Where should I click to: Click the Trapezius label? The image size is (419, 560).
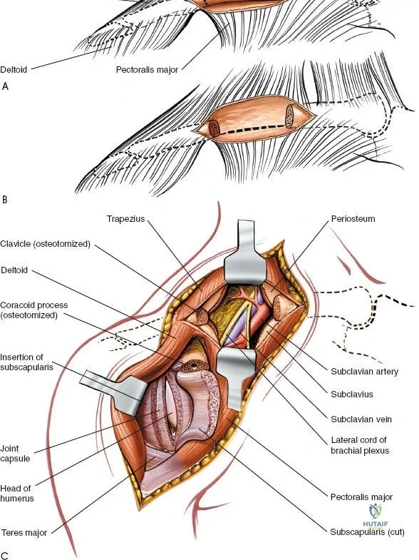point(125,218)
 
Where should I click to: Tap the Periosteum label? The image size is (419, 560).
point(353,218)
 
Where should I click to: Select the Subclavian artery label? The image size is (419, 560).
point(364,372)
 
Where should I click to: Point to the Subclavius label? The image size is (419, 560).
point(352,394)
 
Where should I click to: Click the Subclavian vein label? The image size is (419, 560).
point(361,419)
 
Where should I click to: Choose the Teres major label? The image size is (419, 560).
point(24,533)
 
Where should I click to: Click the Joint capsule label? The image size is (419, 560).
point(15,454)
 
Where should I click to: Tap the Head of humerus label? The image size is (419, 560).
point(17,493)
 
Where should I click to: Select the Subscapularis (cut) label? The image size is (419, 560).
point(367,532)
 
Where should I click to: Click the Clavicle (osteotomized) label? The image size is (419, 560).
point(46,244)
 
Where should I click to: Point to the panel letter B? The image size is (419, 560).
point(5,199)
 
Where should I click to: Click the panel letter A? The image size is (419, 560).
point(5,86)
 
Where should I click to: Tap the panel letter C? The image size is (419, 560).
point(5,555)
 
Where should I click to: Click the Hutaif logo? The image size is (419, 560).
point(375,515)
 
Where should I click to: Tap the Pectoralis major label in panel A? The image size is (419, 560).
point(147,70)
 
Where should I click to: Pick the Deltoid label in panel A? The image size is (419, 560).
point(14,69)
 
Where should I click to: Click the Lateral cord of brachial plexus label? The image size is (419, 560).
point(359,445)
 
